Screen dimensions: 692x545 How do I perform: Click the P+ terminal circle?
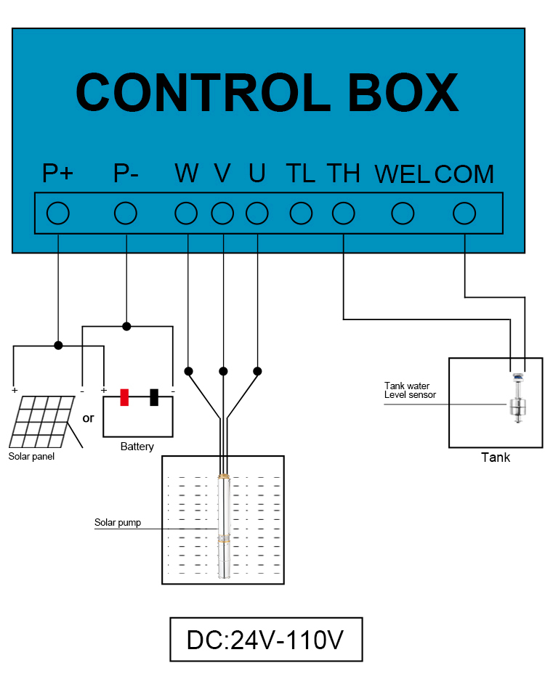pos(57,213)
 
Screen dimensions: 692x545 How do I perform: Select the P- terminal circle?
pos(126,213)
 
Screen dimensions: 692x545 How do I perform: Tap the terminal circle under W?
pos(187,213)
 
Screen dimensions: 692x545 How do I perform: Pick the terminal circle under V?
pos(222,213)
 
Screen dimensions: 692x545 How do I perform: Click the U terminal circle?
pos(257,213)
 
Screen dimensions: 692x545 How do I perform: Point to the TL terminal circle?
pos(301,213)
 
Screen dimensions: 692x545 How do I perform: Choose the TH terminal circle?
pos(343,213)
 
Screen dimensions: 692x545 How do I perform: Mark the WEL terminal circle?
pos(403,213)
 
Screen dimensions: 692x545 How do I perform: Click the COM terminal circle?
pos(464,213)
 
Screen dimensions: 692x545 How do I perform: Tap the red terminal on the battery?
pos(124,397)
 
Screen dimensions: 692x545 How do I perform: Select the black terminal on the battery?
pos(154,397)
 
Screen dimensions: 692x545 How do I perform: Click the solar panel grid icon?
pos(42,421)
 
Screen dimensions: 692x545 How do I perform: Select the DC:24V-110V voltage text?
pos(265,640)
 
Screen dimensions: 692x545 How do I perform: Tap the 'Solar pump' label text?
pos(118,523)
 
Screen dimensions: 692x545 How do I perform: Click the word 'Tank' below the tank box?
pos(496,457)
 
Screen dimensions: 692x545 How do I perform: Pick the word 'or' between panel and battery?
pos(89,419)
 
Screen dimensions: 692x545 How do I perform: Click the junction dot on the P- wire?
pos(126,326)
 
